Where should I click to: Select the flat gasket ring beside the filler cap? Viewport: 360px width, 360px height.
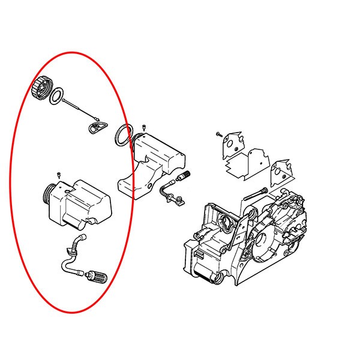tap(58, 95)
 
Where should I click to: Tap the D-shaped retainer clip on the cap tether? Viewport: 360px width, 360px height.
tap(94, 127)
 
